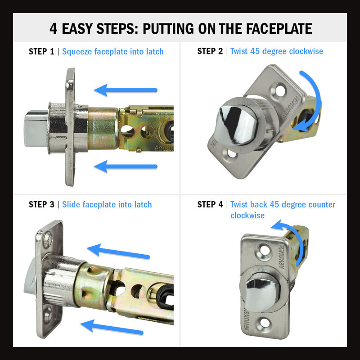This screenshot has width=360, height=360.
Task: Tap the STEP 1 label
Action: click(x=41, y=51)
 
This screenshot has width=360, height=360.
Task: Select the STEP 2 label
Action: click(x=210, y=51)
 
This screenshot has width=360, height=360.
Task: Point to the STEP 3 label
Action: click(x=41, y=204)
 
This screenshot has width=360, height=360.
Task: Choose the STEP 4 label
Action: click(x=210, y=204)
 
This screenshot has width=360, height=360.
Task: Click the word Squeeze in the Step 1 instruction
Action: click(x=77, y=52)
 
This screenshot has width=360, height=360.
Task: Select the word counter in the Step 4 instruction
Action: click(x=322, y=204)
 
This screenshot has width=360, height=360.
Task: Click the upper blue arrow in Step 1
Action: click(x=126, y=90)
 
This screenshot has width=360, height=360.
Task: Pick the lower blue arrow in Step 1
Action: click(x=126, y=166)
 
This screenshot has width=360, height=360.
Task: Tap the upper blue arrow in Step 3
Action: click(x=118, y=252)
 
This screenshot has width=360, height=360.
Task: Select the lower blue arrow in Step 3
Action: click(x=112, y=327)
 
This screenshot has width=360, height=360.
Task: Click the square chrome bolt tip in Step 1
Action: click(x=36, y=128)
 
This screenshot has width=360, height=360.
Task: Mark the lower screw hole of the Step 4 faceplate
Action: click(x=265, y=323)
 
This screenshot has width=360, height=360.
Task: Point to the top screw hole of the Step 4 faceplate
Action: click(x=265, y=250)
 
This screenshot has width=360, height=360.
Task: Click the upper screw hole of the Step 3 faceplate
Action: click(x=48, y=239)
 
